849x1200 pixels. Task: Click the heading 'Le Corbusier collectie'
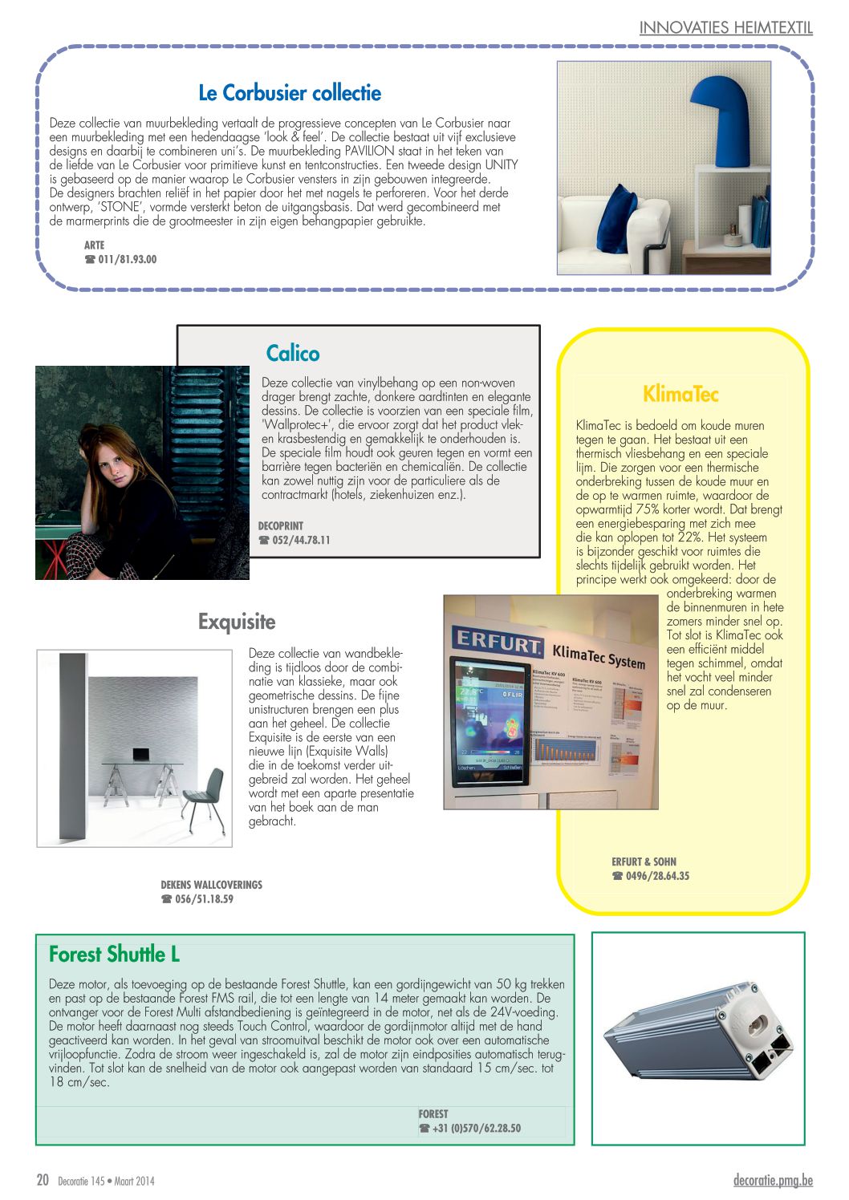[x=289, y=93]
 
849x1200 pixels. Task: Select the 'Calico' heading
[x=293, y=353]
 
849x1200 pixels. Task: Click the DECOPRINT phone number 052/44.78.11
[x=301, y=540]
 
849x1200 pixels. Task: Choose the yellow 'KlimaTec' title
[x=680, y=394]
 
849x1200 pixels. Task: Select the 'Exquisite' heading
[x=237, y=622]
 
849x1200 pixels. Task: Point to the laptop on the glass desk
[x=141, y=754]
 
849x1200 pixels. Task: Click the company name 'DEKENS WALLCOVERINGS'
[x=211, y=884]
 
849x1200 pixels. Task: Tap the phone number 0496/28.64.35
[x=657, y=876]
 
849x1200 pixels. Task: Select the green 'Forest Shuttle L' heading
[x=114, y=954]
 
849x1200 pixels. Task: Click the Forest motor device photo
[x=697, y=1039]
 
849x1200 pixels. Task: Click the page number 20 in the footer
[x=43, y=1179]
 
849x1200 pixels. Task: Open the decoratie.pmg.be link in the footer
[x=773, y=1179]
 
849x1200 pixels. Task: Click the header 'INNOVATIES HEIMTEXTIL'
[x=725, y=28]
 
